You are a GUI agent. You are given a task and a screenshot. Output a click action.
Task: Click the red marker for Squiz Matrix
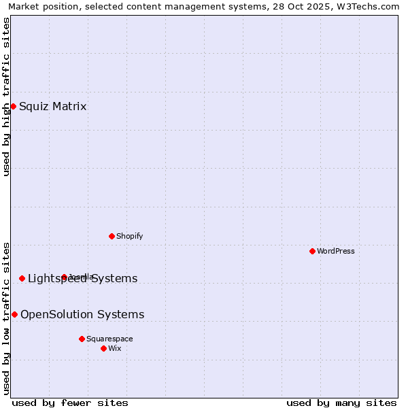tap(13, 106)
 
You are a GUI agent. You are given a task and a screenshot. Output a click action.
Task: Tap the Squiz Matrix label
tap(53, 106)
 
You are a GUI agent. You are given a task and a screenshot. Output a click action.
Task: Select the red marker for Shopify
tap(112, 236)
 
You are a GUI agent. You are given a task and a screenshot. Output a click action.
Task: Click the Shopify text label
tap(129, 236)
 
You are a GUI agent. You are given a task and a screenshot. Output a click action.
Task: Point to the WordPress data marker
tap(312, 251)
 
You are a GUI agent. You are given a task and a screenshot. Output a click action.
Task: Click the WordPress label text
tap(336, 251)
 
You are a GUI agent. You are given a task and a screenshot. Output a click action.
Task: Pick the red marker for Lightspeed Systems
tap(22, 278)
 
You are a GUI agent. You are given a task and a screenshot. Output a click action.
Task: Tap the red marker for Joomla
tap(64, 277)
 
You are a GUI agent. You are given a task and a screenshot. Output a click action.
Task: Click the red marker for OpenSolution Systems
tap(14, 314)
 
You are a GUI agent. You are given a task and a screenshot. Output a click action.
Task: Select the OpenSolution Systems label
tap(82, 314)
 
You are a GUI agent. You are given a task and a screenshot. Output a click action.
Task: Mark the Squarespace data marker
tap(82, 339)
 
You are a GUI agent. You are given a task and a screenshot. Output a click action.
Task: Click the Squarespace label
tap(109, 339)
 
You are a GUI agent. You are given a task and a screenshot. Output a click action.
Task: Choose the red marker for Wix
tap(103, 348)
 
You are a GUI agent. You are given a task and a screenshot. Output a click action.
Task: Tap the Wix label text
tap(115, 348)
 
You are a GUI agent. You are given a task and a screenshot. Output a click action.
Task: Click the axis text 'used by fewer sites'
tap(70, 403)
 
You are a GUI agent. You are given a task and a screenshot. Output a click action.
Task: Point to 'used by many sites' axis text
tap(341, 403)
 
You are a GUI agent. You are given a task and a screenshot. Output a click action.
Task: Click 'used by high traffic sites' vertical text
tap(6, 97)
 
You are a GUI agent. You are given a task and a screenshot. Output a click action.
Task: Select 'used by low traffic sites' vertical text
tap(6, 318)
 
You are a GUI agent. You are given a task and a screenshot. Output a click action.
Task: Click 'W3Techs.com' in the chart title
tap(371, 6)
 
